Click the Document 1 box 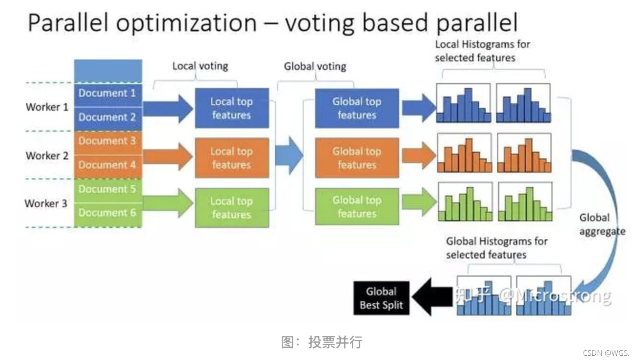(x=108, y=94)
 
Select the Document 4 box (x=108, y=165)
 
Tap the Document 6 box (x=108, y=213)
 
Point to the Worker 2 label (x=47, y=156)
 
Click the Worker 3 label (x=46, y=203)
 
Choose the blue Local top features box (x=232, y=108)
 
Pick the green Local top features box (x=232, y=208)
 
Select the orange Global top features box (x=357, y=158)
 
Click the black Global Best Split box (x=381, y=298)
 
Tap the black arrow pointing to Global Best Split (x=432, y=297)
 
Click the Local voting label (x=200, y=66)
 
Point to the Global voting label (x=315, y=67)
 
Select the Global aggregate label (x=601, y=224)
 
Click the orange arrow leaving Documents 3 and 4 (x=168, y=156)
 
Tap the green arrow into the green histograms (x=419, y=202)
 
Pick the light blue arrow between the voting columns (x=289, y=155)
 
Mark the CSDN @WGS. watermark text (x=606, y=353)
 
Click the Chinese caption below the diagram (x=322, y=342)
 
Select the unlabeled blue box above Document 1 (x=108, y=71)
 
